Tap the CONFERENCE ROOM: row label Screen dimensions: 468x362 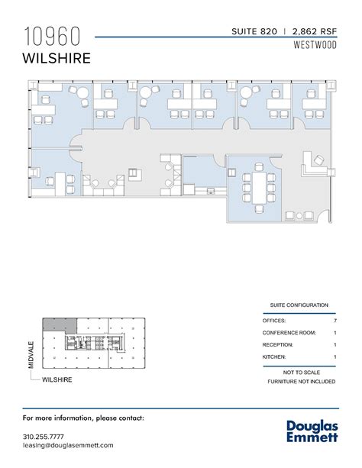tap(289, 332)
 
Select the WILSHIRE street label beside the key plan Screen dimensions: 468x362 tap(58, 379)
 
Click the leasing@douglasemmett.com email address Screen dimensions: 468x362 tap(68, 445)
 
